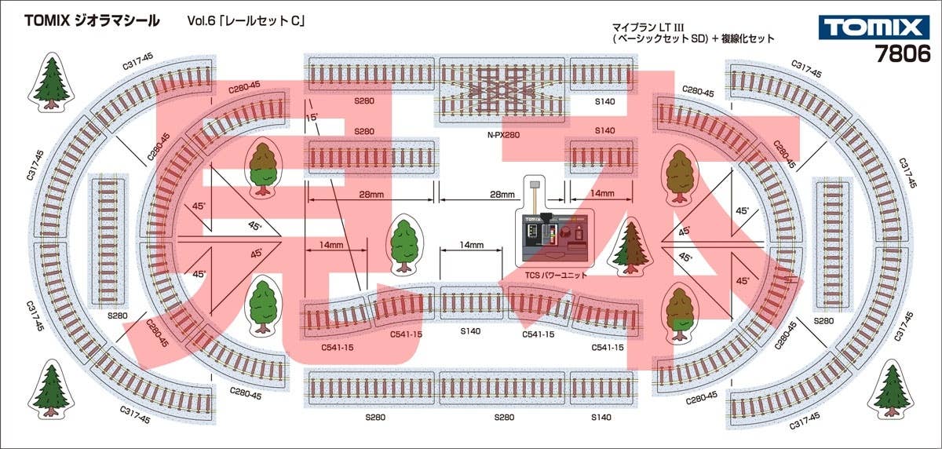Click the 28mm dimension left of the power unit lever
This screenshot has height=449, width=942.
coord(502,195)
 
